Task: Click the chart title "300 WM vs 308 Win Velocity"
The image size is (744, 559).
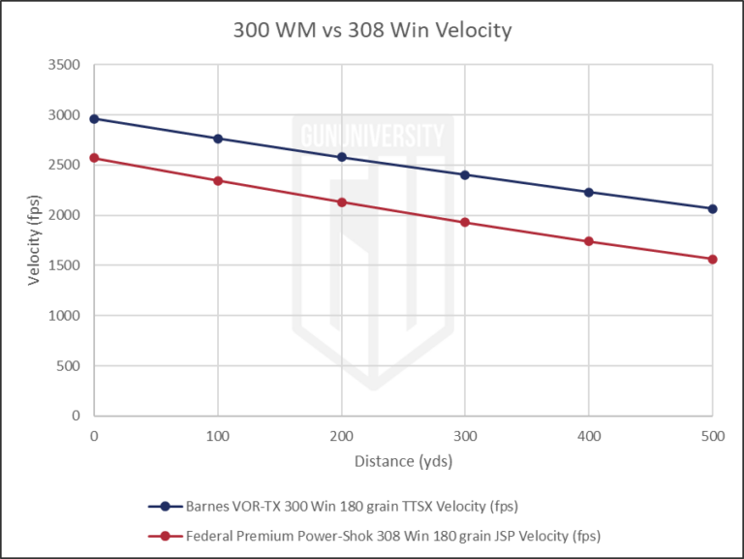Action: [x=372, y=30]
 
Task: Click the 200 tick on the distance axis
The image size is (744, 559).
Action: [x=341, y=436]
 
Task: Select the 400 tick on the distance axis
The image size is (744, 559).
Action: [x=589, y=436]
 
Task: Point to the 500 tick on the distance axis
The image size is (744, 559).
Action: [x=712, y=436]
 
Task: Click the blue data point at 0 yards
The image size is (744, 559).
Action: [x=94, y=119]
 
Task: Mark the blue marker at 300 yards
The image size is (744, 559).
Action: [x=465, y=174]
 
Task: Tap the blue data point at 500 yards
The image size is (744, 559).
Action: [x=713, y=208]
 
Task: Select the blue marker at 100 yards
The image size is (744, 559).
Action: [x=218, y=139]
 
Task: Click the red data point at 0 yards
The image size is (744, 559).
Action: [x=94, y=158]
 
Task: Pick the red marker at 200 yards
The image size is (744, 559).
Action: [x=341, y=202]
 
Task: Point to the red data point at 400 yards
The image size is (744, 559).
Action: [x=589, y=241]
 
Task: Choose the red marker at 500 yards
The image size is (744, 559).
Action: [x=713, y=259]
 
